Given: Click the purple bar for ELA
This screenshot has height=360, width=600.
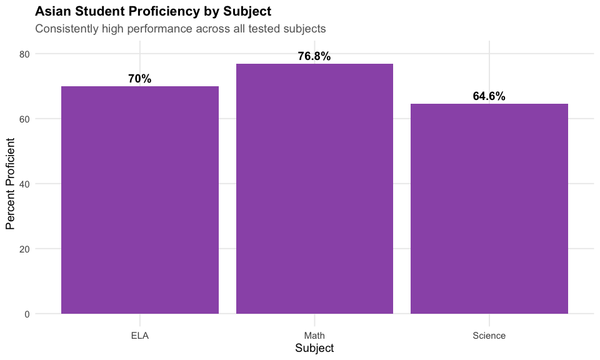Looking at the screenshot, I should coord(139,200).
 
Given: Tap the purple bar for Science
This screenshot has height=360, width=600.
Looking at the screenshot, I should coord(489,209).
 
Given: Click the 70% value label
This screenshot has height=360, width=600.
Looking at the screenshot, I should coord(139,79).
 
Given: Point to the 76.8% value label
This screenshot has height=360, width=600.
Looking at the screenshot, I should coord(314,56).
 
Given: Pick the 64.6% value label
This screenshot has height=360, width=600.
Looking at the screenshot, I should coord(489,96).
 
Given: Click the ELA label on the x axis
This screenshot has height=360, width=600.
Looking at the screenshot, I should coord(139,336).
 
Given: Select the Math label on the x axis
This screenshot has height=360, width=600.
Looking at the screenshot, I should coord(314,336).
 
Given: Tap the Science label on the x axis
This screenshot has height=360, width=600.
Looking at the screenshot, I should coord(489,336).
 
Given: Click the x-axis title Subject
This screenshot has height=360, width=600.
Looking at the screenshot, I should coord(314,348).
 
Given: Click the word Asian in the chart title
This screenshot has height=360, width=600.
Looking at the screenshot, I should coord(52,11).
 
